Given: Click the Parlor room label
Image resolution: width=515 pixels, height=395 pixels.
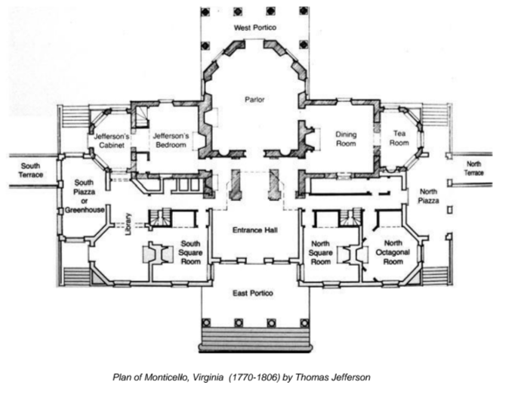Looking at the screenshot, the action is coord(254,99).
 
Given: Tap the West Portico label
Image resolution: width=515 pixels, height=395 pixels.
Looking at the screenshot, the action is coord(255,28).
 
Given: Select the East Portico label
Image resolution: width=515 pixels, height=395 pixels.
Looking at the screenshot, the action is coord(253,293).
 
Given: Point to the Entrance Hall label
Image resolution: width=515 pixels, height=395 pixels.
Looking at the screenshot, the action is coord(255,230).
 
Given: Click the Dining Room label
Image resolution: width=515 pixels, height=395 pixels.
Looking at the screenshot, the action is coord(346,139).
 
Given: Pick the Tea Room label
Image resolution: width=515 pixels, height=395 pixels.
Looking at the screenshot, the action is coord(399,138).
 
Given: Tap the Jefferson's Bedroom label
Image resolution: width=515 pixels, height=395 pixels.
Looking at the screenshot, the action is coord(171,140).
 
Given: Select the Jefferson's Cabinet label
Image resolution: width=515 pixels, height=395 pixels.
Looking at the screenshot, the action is coord(111,140).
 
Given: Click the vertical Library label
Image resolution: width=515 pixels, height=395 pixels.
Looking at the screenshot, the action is coord(128,224).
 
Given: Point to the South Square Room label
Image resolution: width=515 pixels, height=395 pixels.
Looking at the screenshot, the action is coord(190,253).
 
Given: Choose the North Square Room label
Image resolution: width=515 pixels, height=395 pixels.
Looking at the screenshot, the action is coord(321,253).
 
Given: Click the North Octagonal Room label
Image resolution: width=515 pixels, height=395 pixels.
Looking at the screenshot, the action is coord(393,252).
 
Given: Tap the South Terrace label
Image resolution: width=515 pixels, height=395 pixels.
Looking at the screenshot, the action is coord(30,170).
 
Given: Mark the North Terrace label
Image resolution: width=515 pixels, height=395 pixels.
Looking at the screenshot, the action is coord(473,168).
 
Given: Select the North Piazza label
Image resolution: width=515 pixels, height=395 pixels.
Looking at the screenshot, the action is coord(428,196).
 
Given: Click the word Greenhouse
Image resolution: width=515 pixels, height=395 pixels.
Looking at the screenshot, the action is coord(85,210).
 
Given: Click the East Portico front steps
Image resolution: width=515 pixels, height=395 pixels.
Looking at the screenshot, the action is coord(255,339).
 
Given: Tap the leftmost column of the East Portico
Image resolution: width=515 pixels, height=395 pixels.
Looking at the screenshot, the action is coord(206,323).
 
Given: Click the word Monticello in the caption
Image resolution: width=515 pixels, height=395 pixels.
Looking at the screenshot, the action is coord(167,377).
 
